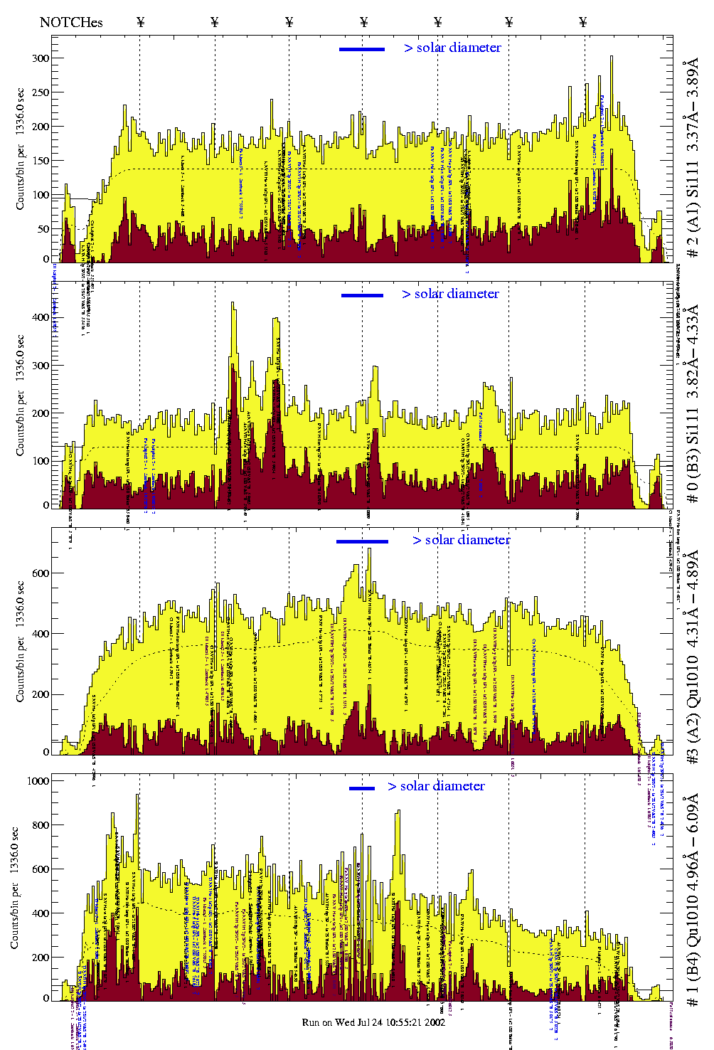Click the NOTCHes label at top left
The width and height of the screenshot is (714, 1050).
tap(71, 22)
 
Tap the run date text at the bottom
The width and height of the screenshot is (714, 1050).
tap(373, 1022)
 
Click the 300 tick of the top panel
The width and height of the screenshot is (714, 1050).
tap(41, 58)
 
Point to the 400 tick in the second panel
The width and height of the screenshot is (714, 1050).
tap(41, 317)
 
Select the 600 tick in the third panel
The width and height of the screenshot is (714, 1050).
tap(41, 573)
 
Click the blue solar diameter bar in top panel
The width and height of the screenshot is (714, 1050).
tap(362, 49)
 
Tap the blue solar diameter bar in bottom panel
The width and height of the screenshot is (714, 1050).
tap(362, 788)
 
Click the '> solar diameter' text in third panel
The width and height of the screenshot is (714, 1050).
tap(461, 540)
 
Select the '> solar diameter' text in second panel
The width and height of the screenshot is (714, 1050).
tap(450, 294)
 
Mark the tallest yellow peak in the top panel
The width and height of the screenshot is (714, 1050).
tap(611, 58)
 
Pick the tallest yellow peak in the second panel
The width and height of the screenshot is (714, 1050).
tap(233, 304)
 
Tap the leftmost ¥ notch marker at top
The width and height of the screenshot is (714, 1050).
tap(140, 22)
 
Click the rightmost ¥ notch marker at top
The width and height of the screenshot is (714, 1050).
tap(583, 22)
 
